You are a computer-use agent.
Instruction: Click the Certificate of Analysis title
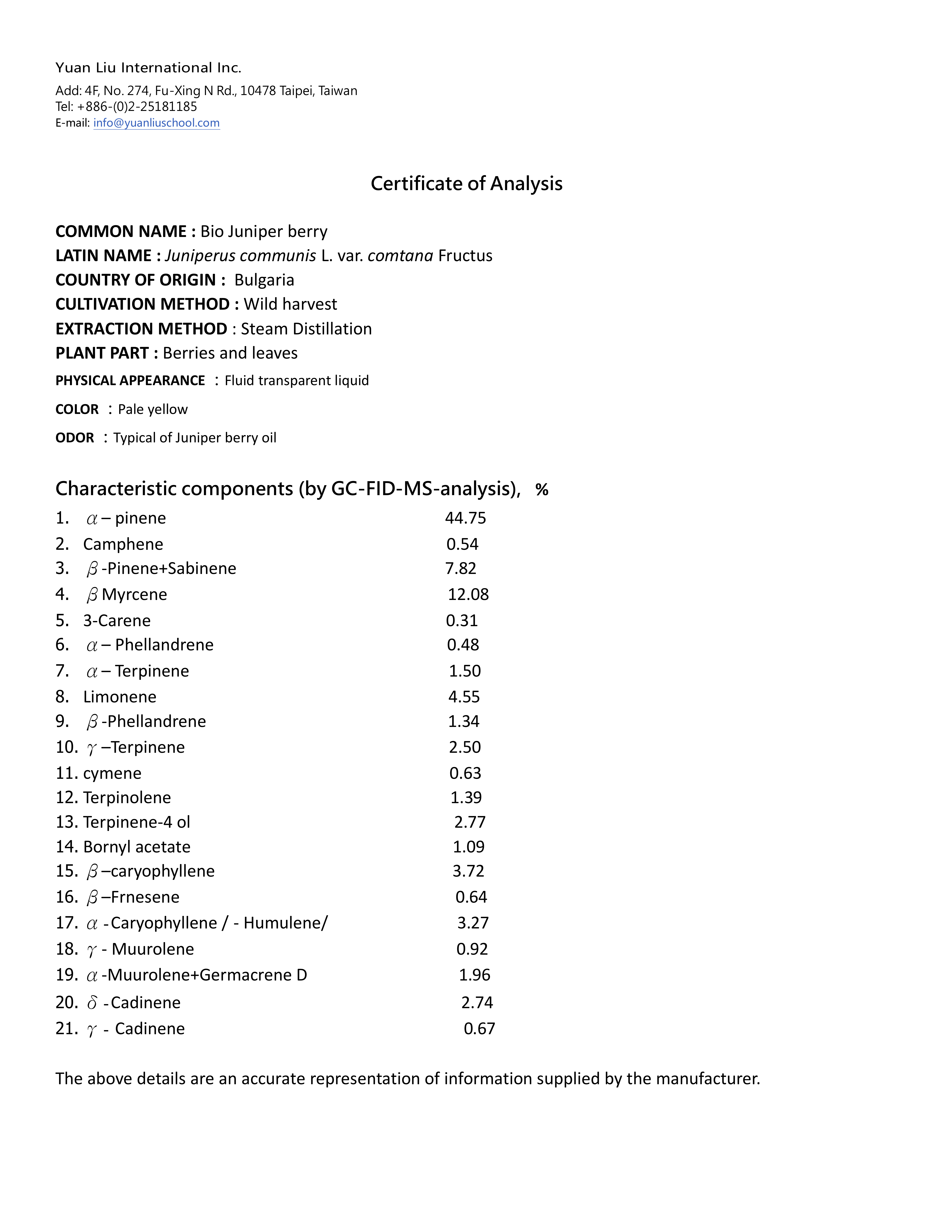click(x=467, y=183)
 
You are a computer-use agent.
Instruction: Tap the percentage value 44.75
click(x=466, y=518)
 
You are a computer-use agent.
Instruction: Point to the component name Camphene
click(x=123, y=544)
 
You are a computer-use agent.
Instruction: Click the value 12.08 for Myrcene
click(x=468, y=594)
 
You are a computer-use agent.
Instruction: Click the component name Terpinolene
click(x=127, y=797)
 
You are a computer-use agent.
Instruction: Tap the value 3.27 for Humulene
click(x=473, y=923)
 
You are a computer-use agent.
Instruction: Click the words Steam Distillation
click(x=306, y=329)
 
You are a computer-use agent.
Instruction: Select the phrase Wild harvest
click(x=290, y=304)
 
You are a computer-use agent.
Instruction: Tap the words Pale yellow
click(x=153, y=409)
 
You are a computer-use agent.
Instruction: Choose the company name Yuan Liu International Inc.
click(x=148, y=68)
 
